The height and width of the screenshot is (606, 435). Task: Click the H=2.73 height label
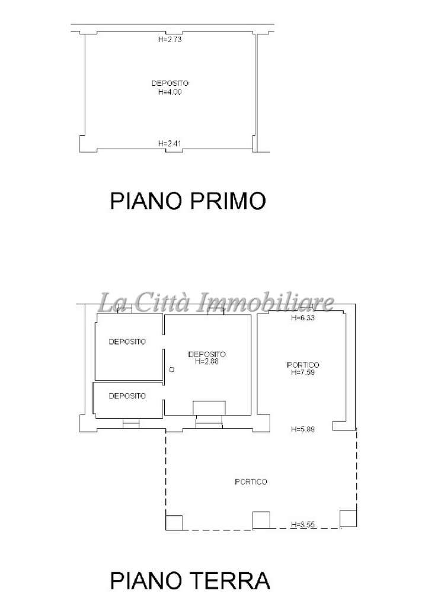coord(170,39)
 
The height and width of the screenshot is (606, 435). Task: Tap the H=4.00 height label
coord(170,92)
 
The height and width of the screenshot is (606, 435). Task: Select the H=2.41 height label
coord(169,143)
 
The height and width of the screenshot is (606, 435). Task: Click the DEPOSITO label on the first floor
coord(170,83)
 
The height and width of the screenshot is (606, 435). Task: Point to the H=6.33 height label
coord(303,318)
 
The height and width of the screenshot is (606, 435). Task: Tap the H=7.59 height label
coord(303,372)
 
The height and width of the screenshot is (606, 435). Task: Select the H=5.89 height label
coord(303,428)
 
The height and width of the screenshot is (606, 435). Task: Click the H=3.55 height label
coord(303,524)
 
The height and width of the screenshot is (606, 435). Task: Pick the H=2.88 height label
coord(207,362)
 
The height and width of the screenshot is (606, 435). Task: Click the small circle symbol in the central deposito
coord(172,369)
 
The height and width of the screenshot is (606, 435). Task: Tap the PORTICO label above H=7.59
coord(303,365)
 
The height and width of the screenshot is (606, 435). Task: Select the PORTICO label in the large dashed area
coord(251,482)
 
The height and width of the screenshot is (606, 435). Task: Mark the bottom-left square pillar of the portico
coord(174,523)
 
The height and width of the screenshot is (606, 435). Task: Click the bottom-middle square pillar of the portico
coord(261,520)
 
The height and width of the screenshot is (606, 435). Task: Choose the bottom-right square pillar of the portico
coord(348,518)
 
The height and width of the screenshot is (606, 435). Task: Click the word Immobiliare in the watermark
coord(266,302)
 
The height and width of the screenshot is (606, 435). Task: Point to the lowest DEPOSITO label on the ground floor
coord(127,396)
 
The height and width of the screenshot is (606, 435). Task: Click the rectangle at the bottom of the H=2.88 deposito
coord(209,408)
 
